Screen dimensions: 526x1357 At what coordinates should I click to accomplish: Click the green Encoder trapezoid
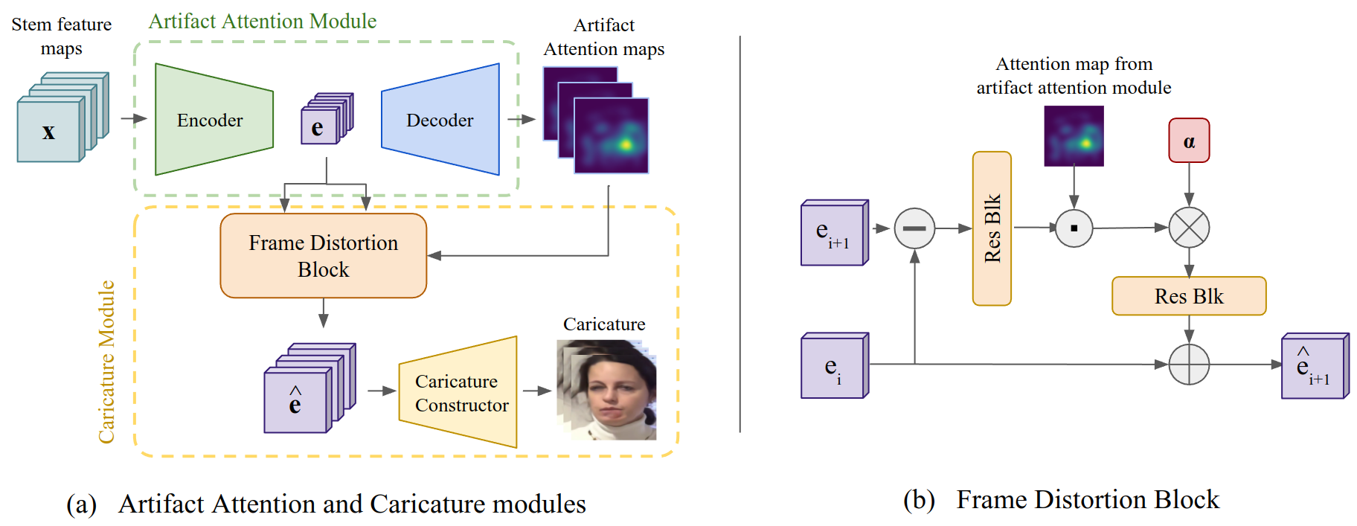click(x=213, y=120)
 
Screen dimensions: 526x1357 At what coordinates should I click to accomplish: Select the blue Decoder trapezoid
click(x=440, y=120)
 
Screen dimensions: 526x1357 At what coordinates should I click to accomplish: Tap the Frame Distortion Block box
click(x=323, y=256)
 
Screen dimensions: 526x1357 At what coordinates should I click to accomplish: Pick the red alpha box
click(x=1188, y=141)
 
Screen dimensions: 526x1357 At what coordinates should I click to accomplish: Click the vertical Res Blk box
click(x=991, y=228)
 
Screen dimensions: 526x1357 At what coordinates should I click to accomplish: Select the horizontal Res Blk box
click(x=1188, y=296)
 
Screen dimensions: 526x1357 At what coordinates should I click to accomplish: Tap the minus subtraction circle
click(x=914, y=228)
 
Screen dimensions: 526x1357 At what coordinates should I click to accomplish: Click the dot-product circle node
click(x=1074, y=228)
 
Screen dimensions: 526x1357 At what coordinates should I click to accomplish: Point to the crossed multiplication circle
click(x=1188, y=228)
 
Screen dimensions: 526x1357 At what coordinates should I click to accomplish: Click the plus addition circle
click(x=1188, y=365)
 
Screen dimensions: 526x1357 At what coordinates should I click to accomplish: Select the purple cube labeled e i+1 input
click(x=833, y=234)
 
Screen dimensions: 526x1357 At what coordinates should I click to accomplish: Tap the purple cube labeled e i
click(x=833, y=367)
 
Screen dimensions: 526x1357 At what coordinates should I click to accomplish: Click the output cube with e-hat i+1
click(x=1313, y=367)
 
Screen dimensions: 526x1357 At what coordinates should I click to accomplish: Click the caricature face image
click(x=607, y=390)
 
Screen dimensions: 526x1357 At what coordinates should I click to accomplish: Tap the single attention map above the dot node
click(x=1073, y=136)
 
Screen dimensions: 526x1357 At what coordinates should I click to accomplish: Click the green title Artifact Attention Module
click(x=263, y=22)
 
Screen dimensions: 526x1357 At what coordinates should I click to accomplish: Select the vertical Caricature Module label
click(x=107, y=362)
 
